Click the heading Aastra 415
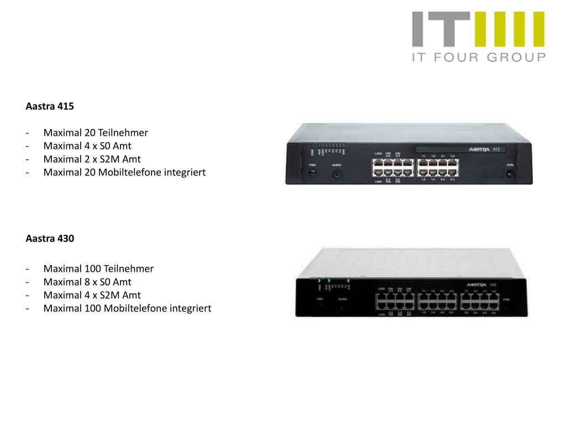50,106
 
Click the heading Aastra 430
50,239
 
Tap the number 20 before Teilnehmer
90,133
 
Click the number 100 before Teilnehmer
92,268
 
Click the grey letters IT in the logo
441,29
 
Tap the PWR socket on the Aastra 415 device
312,173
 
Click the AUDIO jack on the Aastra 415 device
336,174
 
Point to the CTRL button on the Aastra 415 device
510,174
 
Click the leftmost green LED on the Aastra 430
319,281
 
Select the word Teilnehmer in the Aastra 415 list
123,133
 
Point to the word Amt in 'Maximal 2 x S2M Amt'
132,159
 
